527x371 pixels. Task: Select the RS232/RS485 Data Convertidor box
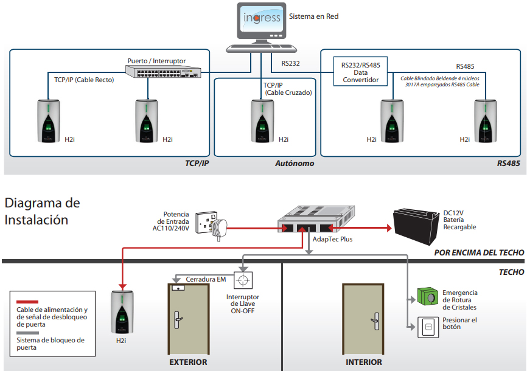point(360,72)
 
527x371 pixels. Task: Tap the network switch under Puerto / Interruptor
point(163,71)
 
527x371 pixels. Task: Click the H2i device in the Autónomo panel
point(262,121)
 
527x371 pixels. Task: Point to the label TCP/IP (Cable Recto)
point(84,80)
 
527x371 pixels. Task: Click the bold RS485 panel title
point(509,164)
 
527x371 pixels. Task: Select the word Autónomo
point(295,164)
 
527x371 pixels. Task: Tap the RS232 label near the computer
point(290,63)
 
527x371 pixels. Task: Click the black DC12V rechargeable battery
point(416,226)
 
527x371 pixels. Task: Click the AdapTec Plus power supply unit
point(316,218)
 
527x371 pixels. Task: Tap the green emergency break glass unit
point(428,296)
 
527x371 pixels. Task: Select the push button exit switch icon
point(428,327)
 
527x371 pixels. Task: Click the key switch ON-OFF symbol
point(243,280)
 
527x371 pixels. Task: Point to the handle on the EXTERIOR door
point(178,320)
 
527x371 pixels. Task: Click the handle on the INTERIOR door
point(375,321)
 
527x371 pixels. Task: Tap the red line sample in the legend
point(27,302)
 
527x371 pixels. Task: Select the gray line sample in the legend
point(27,333)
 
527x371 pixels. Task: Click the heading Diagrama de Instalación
point(43,212)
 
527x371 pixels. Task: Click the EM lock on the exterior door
point(178,288)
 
